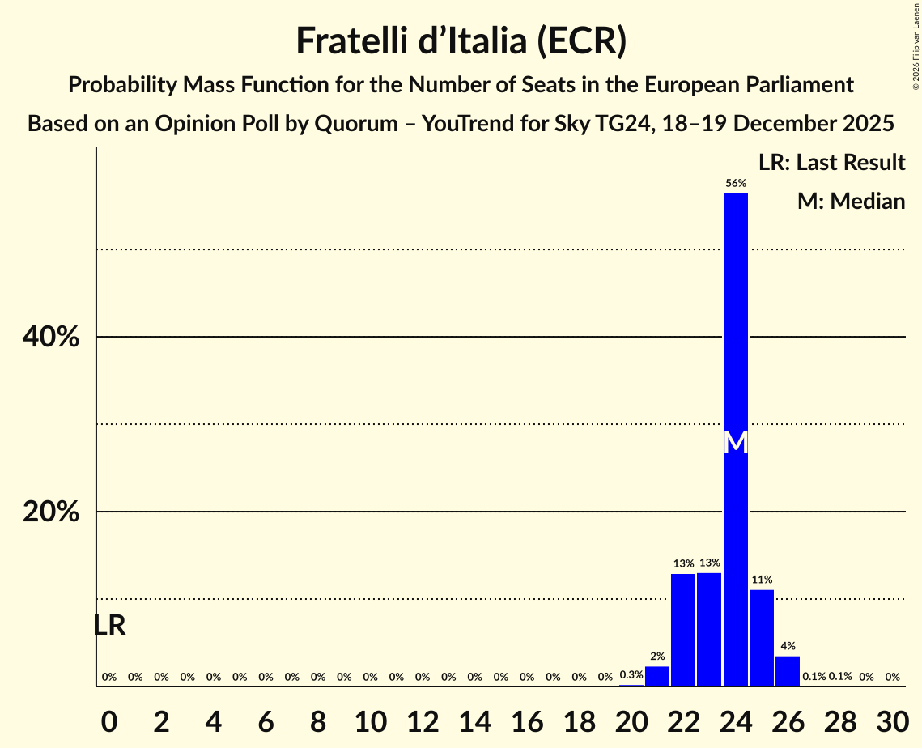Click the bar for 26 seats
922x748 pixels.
coord(788,671)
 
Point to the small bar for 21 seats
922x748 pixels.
coord(657,676)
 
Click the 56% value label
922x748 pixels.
coord(735,184)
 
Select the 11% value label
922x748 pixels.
coord(762,580)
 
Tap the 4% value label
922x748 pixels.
coord(788,646)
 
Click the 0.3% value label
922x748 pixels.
coord(631,675)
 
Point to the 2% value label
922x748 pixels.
coord(657,657)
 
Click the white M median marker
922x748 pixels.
coord(735,443)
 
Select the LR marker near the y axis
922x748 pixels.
coord(109,626)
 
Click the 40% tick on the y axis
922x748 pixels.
coord(51,337)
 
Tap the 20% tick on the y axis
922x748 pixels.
coord(51,512)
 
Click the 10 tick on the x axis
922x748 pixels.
coord(370,719)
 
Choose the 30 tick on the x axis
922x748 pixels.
coord(892,719)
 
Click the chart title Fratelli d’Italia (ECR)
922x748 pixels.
coord(461,40)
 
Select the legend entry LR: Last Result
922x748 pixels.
coord(831,163)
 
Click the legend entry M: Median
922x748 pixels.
coord(851,201)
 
